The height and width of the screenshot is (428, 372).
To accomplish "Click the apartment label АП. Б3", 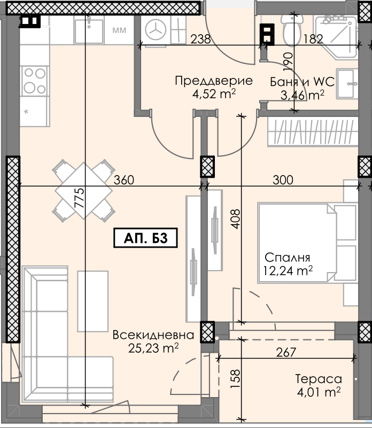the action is pyautogui.click(x=145, y=238).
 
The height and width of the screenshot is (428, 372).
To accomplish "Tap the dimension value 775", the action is pyautogui.click(x=80, y=198).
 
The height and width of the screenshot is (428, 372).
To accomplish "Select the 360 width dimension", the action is pyautogui.click(x=124, y=180).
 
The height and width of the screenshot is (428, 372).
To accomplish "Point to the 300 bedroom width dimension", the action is pyautogui.click(x=283, y=180).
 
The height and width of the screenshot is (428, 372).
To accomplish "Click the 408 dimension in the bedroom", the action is pyautogui.click(x=235, y=219).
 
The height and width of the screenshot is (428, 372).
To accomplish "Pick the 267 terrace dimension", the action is pyautogui.click(x=286, y=352).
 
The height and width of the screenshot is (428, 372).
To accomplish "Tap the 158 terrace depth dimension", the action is pyautogui.click(x=235, y=378).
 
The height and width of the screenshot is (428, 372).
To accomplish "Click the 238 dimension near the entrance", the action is pyautogui.click(x=200, y=39).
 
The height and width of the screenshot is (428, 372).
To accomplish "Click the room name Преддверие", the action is pyautogui.click(x=214, y=81).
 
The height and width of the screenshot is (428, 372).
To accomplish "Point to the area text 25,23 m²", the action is pyautogui.click(x=153, y=348).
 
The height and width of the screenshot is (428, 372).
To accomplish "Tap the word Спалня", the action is pyautogui.click(x=287, y=257).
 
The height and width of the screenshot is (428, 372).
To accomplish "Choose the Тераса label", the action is pyautogui.click(x=319, y=379).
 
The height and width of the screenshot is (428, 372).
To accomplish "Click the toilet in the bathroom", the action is pyautogui.click(x=292, y=30).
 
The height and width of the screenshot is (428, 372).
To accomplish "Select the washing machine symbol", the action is pyautogui.click(x=156, y=30).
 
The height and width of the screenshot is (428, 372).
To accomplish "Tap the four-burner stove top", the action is pyautogui.click(x=34, y=81).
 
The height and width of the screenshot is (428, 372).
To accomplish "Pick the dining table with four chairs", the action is pyautogui.click(x=83, y=191).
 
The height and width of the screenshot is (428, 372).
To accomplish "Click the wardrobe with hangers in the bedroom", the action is pyautogui.click(x=313, y=132).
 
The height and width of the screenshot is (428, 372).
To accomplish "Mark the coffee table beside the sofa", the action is pyautogui.click(x=93, y=301).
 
